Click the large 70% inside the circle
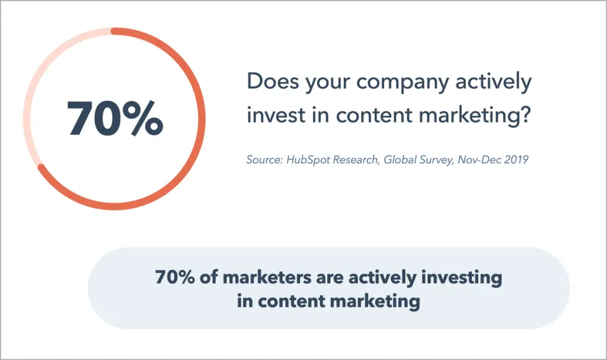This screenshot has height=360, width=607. point(114,118)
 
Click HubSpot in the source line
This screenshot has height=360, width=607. point(308,160)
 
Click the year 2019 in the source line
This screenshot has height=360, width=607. point(516,160)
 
